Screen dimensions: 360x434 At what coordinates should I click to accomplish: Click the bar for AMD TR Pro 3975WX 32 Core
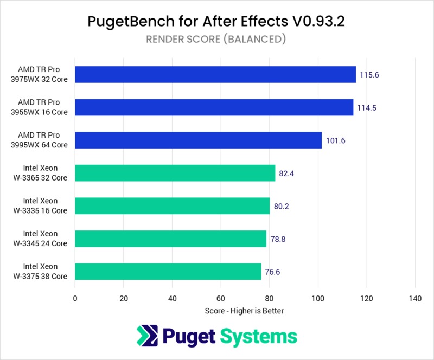[215, 74]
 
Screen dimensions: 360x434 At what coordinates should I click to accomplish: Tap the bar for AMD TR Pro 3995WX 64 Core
[198, 140]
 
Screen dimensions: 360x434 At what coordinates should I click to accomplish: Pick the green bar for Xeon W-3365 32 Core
[175, 173]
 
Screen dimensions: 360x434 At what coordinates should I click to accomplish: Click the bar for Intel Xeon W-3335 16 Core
[172, 205]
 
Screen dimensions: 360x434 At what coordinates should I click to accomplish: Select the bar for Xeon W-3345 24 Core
[170, 239]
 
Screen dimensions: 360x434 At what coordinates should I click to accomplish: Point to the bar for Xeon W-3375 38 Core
[168, 271]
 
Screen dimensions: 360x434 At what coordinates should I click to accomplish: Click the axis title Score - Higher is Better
[245, 311]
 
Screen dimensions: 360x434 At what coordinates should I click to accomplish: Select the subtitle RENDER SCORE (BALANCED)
[216, 39]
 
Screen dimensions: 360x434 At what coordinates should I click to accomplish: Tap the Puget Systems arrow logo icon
[148, 336]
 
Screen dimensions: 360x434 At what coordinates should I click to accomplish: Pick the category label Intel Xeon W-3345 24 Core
[46, 239]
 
